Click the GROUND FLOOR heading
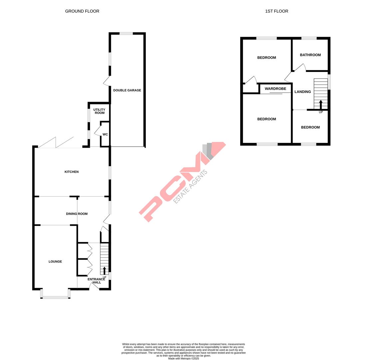point(82,11)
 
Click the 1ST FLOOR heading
point(276,11)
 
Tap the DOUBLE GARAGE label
point(127,90)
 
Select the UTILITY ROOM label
point(99,111)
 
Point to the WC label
point(105,135)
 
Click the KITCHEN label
point(72,172)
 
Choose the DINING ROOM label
point(77,214)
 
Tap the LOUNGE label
point(55,262)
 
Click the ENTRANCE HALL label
point(96,281)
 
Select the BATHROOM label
point(310,55)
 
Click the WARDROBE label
point(275,89)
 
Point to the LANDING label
point(303,92)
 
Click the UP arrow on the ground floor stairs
point(104,270)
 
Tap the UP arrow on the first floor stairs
point(321,104)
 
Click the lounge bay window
point(55,297)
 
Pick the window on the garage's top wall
point(126,33)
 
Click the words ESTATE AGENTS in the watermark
point(190,187)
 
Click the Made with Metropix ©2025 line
point(183,359)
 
